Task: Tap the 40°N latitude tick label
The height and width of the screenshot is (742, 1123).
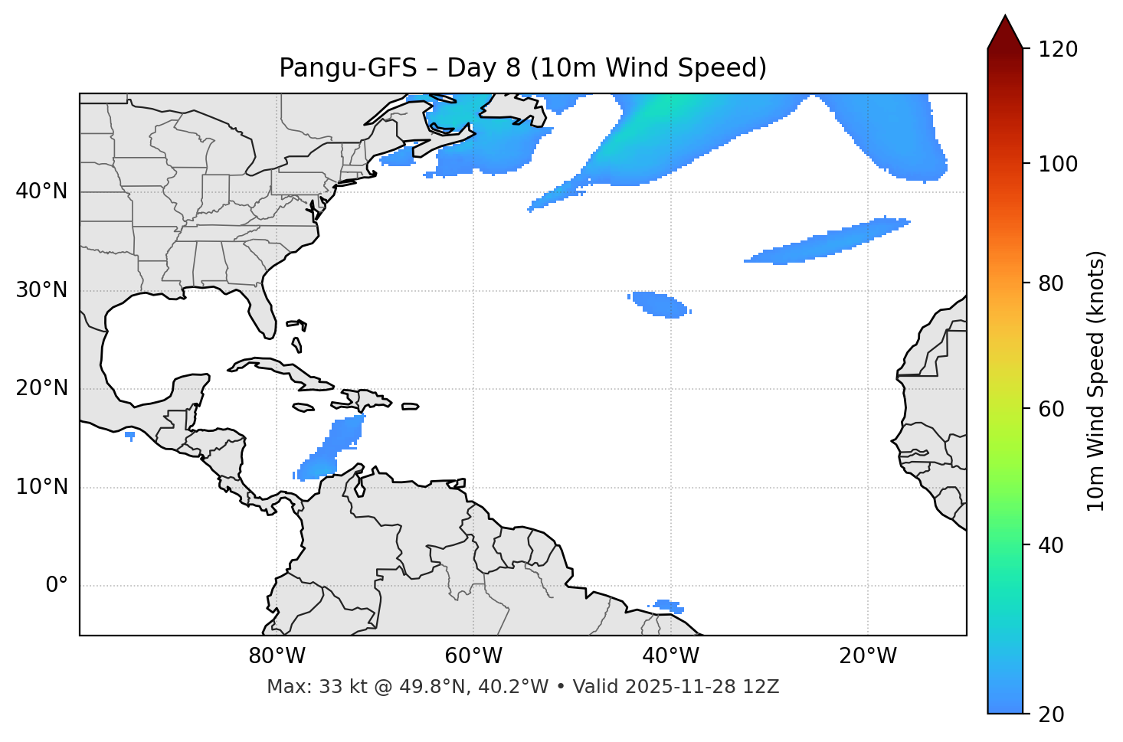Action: point(41,191)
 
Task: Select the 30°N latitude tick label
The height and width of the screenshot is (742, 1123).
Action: point(41,290)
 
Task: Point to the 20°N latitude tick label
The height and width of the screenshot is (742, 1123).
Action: point(41,388)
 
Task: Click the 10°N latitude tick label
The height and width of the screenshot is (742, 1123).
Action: point(41,487)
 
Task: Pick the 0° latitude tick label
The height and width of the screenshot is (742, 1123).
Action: point(57,586)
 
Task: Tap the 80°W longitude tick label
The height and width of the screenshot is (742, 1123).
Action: point(277,656)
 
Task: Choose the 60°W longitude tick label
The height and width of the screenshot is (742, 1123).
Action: point(473,656)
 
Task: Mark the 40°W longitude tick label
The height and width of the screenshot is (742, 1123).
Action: point(670,656)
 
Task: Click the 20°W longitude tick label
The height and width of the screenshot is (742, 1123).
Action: point(868,656)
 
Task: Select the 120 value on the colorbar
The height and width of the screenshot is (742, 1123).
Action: point(1058,50)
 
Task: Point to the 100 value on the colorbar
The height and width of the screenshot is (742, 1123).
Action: point(1058,165)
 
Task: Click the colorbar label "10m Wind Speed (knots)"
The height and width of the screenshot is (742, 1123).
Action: point(1096,381)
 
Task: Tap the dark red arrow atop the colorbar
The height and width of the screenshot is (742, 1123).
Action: point(1005,32)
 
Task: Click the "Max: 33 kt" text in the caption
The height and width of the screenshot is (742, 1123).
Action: point(300,687)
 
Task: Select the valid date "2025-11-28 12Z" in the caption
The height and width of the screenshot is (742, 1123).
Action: point(702,687)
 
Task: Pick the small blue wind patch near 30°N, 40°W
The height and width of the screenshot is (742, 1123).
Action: point(659,305)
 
